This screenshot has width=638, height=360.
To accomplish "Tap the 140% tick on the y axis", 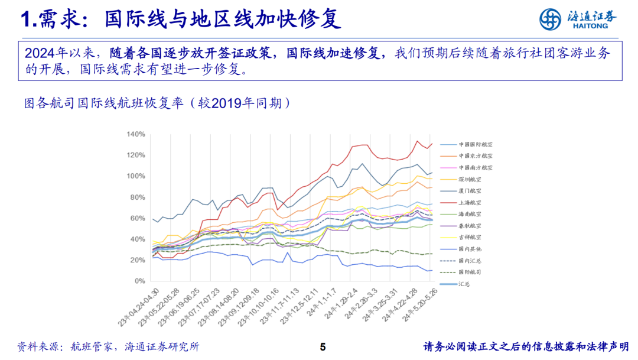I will coord(135,134).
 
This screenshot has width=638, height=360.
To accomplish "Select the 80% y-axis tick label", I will coord(137,197).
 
